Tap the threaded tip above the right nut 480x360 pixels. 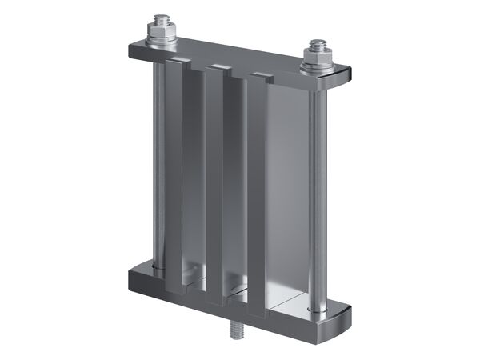(x=318, y=45)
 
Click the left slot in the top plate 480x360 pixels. (x=181, y=62)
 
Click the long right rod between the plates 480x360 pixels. (x=318, y=192)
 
